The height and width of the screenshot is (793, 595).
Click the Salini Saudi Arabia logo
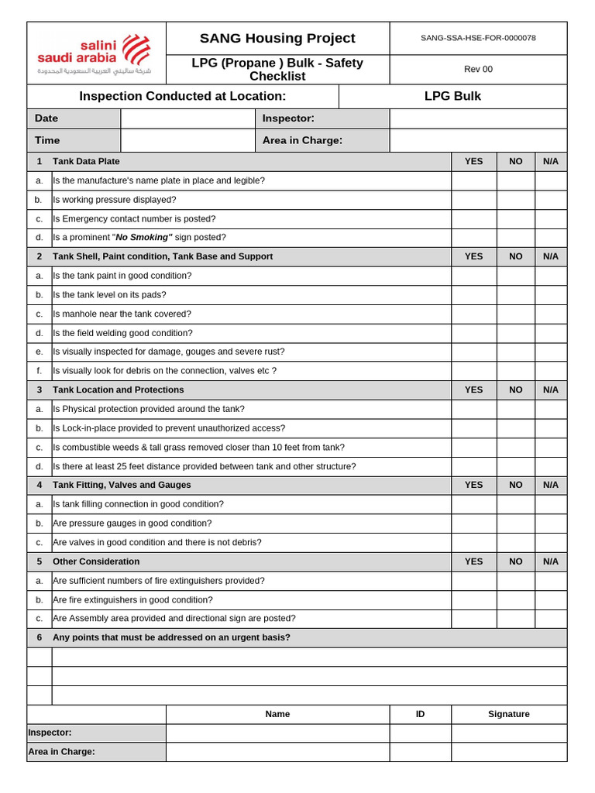pos(95,53)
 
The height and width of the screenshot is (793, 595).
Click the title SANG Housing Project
pos(277,38)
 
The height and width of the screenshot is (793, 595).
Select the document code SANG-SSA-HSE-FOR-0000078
pos(478,38)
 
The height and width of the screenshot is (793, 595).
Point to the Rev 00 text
pos(478,69)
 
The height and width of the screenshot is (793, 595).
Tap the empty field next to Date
pos(187,118)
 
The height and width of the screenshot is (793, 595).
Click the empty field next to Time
pos(187,140)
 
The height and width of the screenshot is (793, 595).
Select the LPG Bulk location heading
pos(452,96)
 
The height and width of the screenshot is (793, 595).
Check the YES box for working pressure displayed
pos(473,200)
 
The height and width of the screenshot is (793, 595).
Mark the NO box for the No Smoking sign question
pos(515,238)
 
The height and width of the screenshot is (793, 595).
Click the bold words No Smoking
pos(144,238)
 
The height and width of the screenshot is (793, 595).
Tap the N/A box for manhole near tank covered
pos(550,314)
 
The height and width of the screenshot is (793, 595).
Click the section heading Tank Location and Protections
pos(119,390)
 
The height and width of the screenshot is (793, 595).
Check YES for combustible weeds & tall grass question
pos(473,447)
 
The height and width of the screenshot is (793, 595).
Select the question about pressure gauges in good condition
pos(132,523)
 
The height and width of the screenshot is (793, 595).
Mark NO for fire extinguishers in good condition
pos(515,599)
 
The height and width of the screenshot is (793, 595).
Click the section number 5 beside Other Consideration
pos(40,561)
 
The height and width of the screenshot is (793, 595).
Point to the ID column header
pos(420,714)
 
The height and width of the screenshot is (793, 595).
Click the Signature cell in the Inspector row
pos(508,733)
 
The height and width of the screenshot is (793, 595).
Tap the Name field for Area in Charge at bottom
pos(277,751)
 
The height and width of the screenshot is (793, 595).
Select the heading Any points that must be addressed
pos(171,637)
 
